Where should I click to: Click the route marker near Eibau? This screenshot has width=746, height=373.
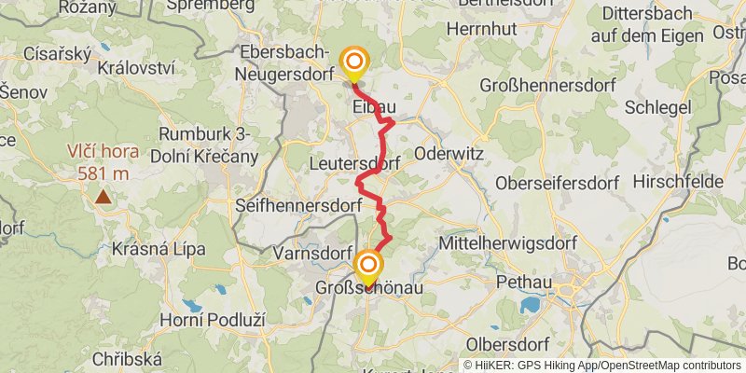[x=354, y=63]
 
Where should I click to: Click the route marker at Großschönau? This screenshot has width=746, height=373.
[x=367, y=266]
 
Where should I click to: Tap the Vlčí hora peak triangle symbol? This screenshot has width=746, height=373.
[x=102, y=197]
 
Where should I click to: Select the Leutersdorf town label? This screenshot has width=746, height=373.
[x=354, y=163]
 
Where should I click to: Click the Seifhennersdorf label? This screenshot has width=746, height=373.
[x=298, y=203]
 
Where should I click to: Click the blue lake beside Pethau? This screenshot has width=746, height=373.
[x=530, y=305]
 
